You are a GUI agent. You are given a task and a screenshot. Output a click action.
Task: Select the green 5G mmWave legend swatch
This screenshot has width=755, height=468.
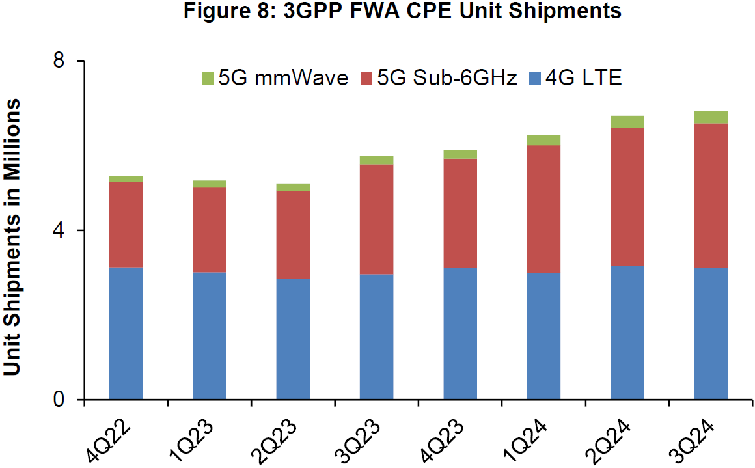point(208,79)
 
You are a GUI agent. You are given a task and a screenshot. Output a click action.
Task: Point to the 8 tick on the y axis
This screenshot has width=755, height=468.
point(60,61)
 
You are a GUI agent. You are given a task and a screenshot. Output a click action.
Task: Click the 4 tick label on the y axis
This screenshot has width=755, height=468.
point(60,230)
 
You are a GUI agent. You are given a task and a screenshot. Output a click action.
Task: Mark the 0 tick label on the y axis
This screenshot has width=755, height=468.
point(60,400)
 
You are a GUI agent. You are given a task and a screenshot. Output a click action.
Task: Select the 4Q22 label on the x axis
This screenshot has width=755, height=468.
point(110,442)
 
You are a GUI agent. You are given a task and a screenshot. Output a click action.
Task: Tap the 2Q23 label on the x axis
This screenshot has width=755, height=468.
point(277,442)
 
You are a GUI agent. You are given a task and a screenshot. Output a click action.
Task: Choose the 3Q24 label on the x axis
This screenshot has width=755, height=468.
point(694,442)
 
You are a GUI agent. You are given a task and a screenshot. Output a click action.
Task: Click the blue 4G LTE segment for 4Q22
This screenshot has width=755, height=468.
point(126,333)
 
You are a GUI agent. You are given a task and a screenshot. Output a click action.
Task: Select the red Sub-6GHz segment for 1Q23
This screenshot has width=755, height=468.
point(210,230)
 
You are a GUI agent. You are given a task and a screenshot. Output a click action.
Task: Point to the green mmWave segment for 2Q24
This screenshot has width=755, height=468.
point(627,122)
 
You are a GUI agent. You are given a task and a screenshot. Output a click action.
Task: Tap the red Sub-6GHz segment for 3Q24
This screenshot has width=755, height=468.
point(711,195)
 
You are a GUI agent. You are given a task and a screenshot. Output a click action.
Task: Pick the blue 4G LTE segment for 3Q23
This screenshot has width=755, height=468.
point(376,337)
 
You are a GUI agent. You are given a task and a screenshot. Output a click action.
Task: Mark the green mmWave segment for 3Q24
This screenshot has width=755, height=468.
point(711,117)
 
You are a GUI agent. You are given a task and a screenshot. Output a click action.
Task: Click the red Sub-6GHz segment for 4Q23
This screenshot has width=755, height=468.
point(460,213)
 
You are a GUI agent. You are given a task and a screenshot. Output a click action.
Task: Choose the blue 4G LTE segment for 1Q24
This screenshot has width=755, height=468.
point(543,336)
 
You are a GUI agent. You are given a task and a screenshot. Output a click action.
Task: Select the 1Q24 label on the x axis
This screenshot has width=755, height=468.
point(528,442)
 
